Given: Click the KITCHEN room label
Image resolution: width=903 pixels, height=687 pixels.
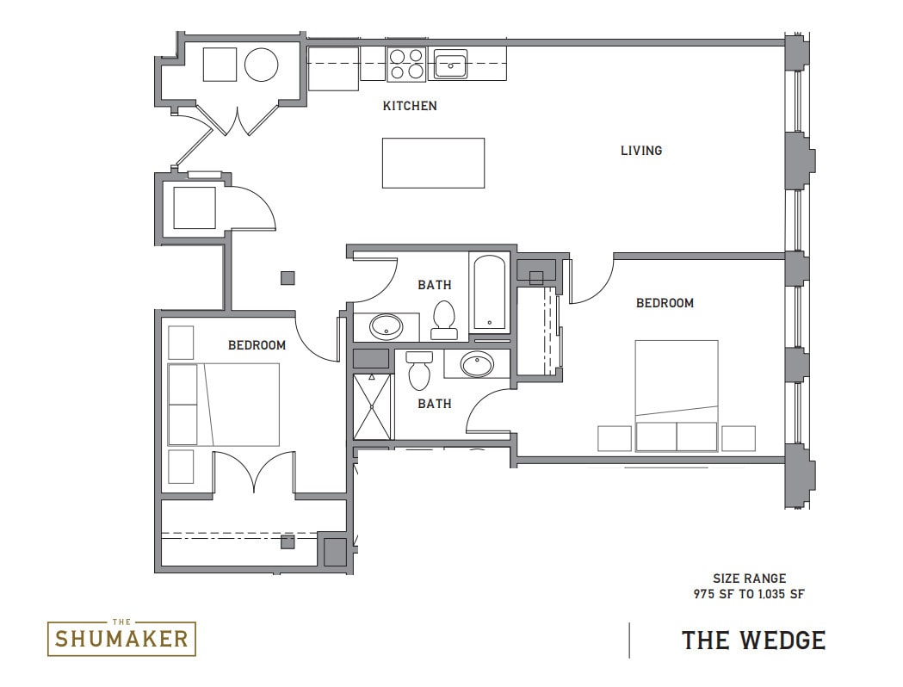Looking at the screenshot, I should point(410,106).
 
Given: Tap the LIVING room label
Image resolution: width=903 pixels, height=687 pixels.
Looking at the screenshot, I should point(641,151).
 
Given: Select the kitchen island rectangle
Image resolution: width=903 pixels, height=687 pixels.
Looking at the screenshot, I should point(433,163).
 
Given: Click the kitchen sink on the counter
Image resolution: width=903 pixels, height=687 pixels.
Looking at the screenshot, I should point(449,64).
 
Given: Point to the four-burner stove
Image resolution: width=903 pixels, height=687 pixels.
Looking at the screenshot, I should point(406,64).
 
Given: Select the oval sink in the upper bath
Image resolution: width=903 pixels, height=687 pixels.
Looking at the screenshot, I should point(385,325).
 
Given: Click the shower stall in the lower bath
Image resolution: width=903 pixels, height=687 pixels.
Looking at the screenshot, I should point(373,406).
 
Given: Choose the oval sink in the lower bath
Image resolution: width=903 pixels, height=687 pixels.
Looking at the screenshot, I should point(476,364).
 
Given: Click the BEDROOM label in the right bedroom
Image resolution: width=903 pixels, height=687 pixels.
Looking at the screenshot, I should point(665,303).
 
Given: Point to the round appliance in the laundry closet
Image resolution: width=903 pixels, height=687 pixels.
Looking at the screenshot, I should point(261,65).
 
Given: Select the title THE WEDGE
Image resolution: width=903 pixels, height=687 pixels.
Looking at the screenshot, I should point(753,641).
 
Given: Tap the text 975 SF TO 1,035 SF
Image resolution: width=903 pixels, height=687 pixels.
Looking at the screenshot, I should point(749,593).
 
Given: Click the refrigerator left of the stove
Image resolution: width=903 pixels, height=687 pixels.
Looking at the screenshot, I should point(334,68).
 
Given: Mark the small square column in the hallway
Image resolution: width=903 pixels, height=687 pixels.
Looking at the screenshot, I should point(288,278).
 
